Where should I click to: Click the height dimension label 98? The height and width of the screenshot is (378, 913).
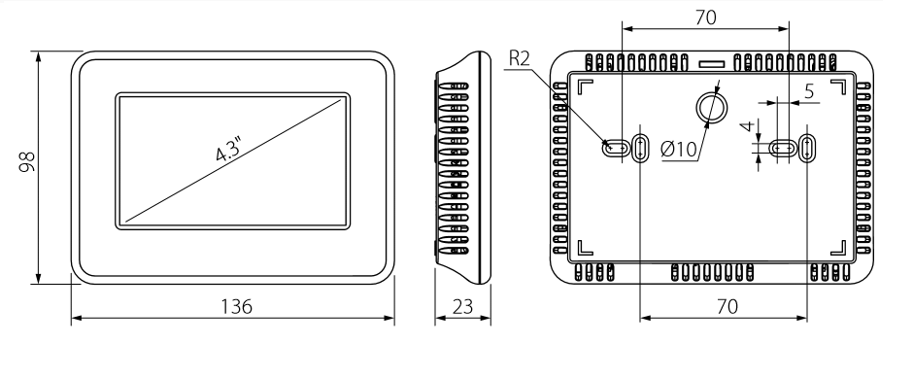tap(27, 162)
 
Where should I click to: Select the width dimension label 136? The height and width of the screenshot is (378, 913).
tap(236, 306)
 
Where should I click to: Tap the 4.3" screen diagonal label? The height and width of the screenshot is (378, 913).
tap(229, 149)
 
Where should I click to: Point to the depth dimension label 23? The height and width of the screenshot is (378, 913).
tap(462, 306)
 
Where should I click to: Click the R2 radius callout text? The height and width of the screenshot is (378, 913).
tap(519, 58)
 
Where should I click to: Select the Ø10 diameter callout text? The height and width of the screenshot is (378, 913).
tap(679, 150)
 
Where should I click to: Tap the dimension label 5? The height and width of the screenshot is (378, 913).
tap(809, 91)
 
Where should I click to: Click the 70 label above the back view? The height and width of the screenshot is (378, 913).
tap(705, 18)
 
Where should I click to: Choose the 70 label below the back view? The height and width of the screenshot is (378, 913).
tap(727, 306)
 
